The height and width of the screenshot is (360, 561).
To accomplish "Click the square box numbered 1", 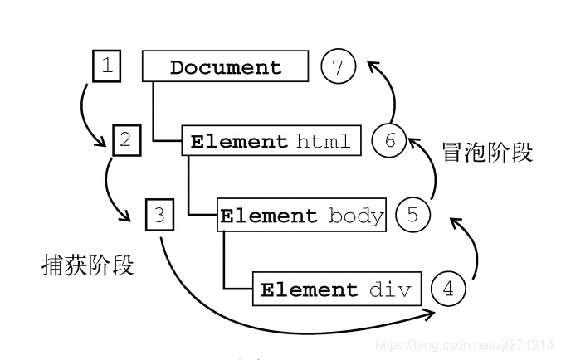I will click(106, 66).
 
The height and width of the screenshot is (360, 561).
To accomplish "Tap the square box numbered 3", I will click(159, 215).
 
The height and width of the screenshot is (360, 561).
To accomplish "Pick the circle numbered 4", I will click(448, 289).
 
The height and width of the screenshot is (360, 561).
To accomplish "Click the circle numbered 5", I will click(412, 216).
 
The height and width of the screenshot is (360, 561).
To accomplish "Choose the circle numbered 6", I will click(388, 141).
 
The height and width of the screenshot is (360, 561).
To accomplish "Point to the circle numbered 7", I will click(337, 67).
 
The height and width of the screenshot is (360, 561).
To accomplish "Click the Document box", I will click(226, 67).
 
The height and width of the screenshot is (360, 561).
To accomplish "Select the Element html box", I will click(271, 141).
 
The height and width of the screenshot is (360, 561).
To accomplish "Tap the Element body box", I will click(302, 216).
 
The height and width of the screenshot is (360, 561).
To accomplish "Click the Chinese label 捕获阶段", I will click(87, 265).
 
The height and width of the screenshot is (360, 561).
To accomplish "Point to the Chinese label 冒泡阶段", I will click(487, 153).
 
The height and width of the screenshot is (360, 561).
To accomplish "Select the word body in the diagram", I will click(356, 216).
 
